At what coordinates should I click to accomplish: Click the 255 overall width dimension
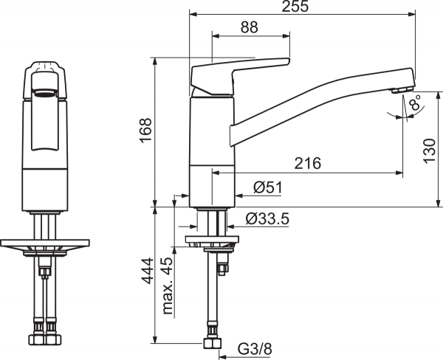point(295,6)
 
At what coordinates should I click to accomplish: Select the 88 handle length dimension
point(250,27)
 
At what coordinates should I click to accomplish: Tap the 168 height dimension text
point(146,130)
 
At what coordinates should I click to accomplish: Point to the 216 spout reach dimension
point(308,163)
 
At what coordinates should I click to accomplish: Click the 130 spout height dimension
point(430,150)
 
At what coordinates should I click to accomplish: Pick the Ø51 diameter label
point(267,187)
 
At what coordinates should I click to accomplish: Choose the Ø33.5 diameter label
point(267,219)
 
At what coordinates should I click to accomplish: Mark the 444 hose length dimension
point(148,271)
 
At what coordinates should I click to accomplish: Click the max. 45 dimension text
point(168,285)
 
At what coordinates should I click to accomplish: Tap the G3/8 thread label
point(255,349)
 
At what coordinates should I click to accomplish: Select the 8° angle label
point(416,102)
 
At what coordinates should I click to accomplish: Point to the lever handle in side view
point(241,76)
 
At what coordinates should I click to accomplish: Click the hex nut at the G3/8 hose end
point(212,344)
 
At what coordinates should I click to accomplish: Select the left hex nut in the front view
point(37,339)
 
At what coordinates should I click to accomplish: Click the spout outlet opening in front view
point(44,93)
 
